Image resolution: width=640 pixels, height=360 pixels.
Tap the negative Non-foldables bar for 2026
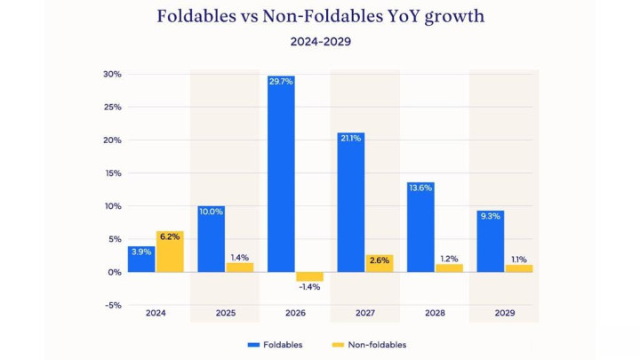click(x=309, y=276)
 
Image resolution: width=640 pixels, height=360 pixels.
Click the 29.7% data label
click(x=281, y=81)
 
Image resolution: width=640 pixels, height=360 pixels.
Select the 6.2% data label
click(x=171, y=236)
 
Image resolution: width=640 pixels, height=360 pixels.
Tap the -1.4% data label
click(x=309, y=287)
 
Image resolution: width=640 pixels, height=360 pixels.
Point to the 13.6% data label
click(x=420, y=188)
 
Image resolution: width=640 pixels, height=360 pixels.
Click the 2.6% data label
click(x=379, y=260)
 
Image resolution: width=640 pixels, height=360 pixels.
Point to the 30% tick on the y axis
click(x=112, y=75)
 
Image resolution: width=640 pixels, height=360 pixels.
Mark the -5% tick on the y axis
click(x=112, y=305)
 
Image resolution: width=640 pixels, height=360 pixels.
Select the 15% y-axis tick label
click(x=112, y=173)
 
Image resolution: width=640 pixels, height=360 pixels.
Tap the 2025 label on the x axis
click(x=226, y=314)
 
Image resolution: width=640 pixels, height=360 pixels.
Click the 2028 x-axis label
click(x=434, y=314)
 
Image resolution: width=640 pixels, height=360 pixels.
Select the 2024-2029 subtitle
click(x=320, y=41)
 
